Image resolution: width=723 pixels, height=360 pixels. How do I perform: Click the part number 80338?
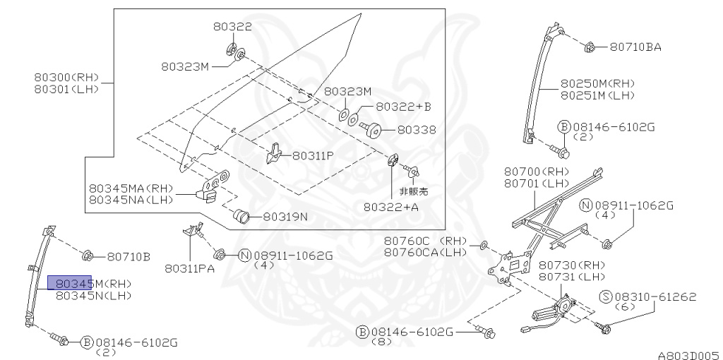[x=416, y=130]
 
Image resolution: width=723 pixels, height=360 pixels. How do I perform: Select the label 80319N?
[x=285, y=217]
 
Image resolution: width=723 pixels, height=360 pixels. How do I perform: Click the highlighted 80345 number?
[x=69, y=283]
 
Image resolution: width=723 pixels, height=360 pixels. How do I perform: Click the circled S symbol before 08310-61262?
[x=605, y=296]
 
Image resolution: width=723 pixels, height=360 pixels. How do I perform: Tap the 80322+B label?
[x=402, y=107]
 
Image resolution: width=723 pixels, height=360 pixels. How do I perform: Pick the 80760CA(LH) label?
[x=426, y=252]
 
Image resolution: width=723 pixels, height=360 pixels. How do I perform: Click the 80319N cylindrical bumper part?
[x=241, y=215]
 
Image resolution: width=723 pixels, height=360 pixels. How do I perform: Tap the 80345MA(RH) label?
[x=131, y=188]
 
